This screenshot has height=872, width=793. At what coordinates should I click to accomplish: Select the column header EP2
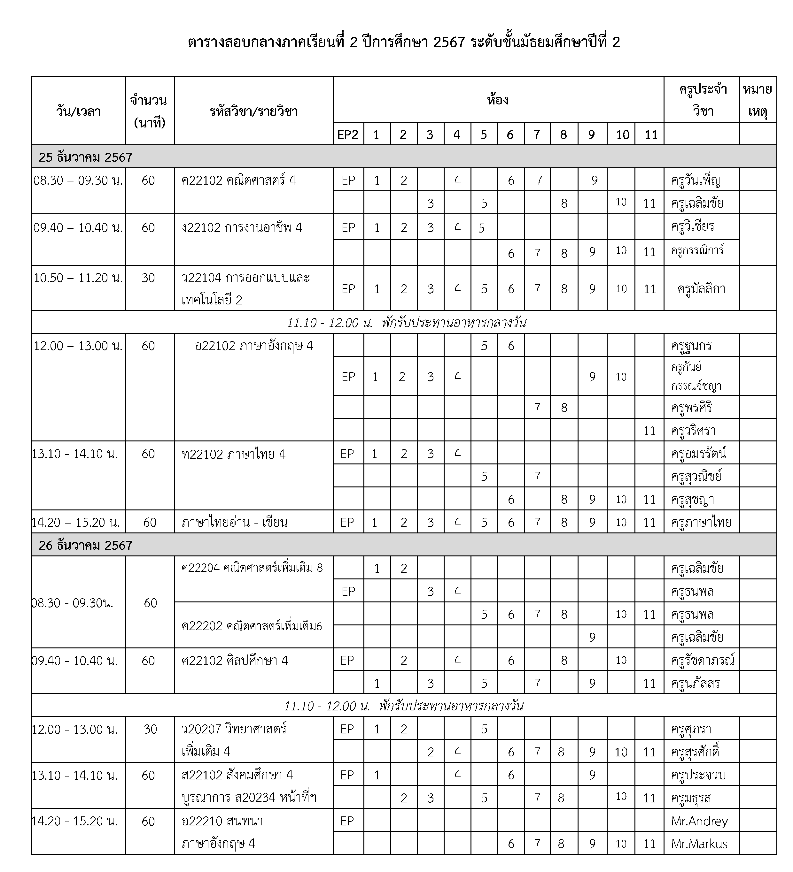point(347,135)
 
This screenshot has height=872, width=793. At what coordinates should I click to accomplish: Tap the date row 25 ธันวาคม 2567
point(86,157)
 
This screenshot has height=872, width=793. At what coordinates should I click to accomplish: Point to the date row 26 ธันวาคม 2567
point(86,545)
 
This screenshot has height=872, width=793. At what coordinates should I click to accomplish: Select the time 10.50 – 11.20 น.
point(78,278)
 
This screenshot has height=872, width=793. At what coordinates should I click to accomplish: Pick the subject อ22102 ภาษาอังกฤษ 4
point(254,346)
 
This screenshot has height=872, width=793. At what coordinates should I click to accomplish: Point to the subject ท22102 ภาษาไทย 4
point(233,454)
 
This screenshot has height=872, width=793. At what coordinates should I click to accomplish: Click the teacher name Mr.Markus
point(699,844)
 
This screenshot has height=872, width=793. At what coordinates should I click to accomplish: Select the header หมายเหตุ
point(757,100)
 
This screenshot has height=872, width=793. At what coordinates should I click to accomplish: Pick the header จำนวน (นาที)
point(149,111)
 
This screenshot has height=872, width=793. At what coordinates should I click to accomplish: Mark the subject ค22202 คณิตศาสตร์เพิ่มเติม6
point(252,626)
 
